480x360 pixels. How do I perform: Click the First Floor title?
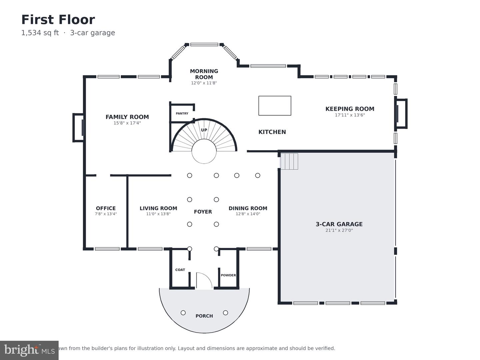pos(58,20)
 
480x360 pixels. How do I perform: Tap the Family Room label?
pos(127,117)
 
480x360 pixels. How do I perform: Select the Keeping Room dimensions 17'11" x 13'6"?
pos(350,115)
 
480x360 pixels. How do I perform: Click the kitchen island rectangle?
pos(275,106)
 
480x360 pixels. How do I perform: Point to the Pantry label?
pos(182,113)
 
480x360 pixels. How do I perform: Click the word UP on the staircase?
pos(204,130)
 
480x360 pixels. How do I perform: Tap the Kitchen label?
pos(272,132)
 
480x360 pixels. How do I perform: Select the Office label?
pos(106,208)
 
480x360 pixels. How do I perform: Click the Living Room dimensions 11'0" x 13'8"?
pos(158,214)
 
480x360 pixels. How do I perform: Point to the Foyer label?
pos(203,212)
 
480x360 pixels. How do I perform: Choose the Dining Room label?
pos(248,208)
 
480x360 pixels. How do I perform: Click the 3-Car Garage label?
pos(339,224)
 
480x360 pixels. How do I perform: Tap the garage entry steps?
pos(289,161)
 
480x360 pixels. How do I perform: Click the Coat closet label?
pos(180,270)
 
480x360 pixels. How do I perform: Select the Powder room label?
pos(228,275)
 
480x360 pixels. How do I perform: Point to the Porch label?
pos(204,316)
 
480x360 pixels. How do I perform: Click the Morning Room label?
pos(204,74)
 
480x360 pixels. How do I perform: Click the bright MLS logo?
pos(29,350)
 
